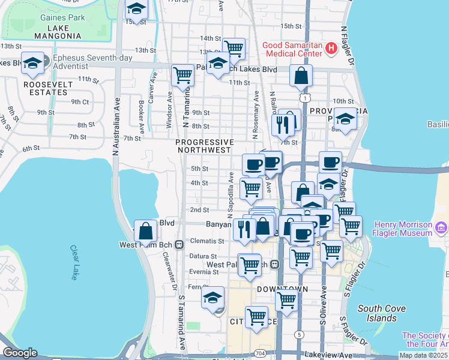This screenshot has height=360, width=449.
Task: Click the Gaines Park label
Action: [62, 17]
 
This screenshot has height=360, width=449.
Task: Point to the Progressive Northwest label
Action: [203, 146]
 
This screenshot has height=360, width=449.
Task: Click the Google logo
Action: [19, 353]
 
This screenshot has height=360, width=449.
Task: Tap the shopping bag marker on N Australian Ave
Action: [146, 230]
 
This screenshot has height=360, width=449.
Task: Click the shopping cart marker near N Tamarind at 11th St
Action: [182, 75]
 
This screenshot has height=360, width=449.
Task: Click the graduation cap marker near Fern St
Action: [212, 298]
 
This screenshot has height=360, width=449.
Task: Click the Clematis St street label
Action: [208, 241]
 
